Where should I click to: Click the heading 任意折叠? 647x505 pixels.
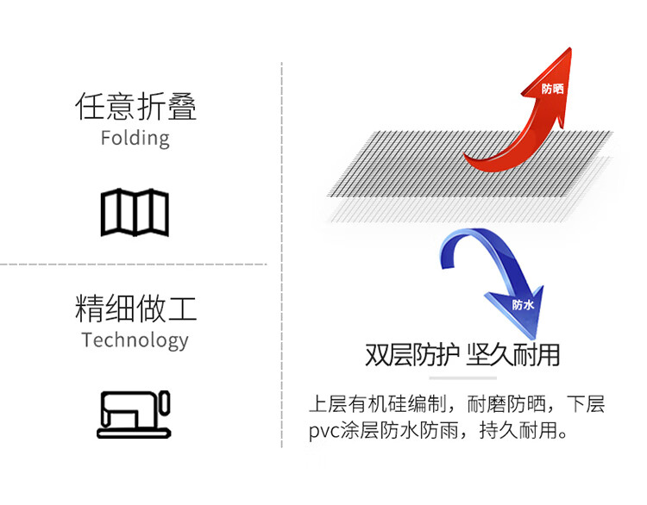tap(135, 107)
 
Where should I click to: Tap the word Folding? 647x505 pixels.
tap(135, 138)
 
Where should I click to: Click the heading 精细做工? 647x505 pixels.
tap(135, 308)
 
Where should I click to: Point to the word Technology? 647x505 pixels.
tap(135, 340)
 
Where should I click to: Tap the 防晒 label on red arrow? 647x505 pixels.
tap(552, 89)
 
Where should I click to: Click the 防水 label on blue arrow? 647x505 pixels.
tap(523, 304)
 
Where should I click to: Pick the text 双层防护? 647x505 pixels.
tap(411, 355)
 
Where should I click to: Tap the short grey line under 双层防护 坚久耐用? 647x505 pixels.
tap(462, 377)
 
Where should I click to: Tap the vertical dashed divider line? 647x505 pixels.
tap(282, 259)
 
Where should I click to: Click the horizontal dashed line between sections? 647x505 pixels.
tap(134, 264)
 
